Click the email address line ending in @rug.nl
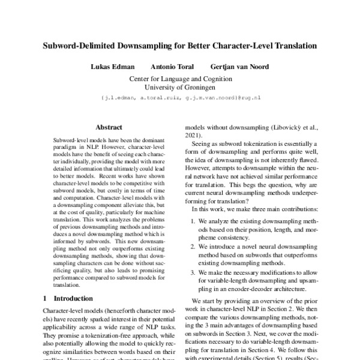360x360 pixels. (180, 96)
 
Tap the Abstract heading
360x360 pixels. (109, 127)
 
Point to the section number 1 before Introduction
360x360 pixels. (45, 298)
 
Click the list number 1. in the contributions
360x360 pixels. (194, 221)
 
